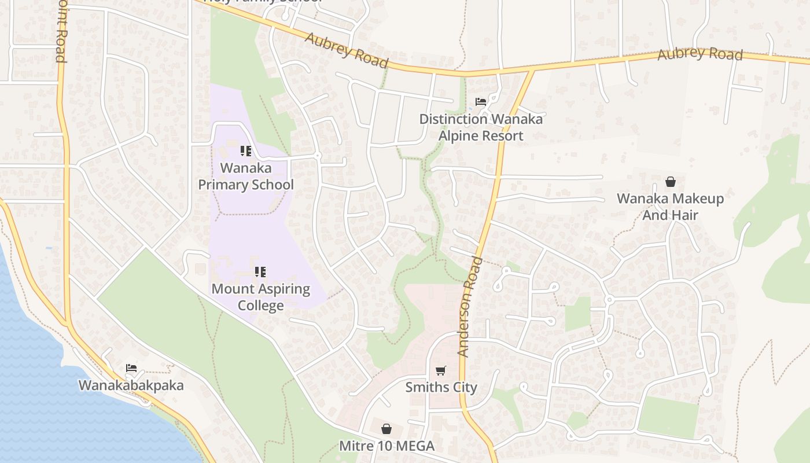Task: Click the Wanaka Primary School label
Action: coord(246,177)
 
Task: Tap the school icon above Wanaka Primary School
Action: coord(246,151)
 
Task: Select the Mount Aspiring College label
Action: coord(261,297)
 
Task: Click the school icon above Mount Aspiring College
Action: coord(260,271)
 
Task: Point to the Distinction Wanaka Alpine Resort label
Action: coord(481,127)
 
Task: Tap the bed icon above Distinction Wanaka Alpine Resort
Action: coord(481,102)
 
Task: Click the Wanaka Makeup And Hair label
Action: coord(670,207)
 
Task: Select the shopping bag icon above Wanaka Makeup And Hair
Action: coord(670,182)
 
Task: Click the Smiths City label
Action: coord(441,387)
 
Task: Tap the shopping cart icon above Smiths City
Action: coord(441,370)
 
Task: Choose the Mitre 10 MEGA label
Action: coord(386,446)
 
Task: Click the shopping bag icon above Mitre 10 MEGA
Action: coord(386,429)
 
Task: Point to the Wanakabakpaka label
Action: coord(131,385)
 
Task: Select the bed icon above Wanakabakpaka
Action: coord(131,368)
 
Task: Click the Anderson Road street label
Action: coord(470,307)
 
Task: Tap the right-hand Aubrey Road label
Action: coord(700,54)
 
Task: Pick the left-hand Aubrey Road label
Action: coord(345,50)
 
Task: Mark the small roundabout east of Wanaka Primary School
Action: coord(317,156)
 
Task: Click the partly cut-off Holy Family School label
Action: coord(263,2)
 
